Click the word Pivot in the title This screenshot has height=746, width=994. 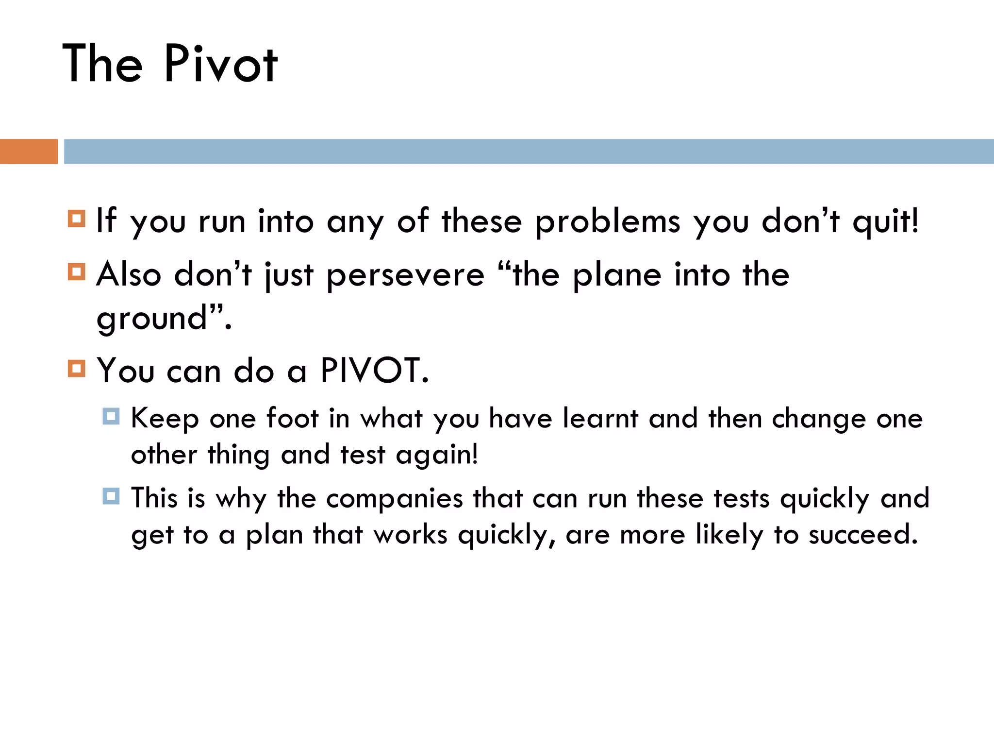pos(221,64)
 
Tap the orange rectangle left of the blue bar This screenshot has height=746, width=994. pos(29,151)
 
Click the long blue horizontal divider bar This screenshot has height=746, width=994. pos(529,151)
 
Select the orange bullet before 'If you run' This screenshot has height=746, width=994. pos(77,219)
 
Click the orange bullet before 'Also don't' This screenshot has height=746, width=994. pos(77,272)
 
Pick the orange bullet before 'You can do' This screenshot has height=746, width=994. pos(77,369)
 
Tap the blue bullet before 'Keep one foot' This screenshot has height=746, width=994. pos(111,416)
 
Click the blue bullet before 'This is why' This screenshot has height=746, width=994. pos(111,496)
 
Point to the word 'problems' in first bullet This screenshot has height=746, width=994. pos(608,222)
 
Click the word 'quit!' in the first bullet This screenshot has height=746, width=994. pos(885,222)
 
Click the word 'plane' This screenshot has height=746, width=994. pos(617,276)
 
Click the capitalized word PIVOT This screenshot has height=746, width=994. pos(374,371)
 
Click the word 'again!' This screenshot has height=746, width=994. pos(437,456)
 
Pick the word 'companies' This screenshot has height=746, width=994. pos(395,499)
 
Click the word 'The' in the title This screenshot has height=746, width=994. pos(102,64)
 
